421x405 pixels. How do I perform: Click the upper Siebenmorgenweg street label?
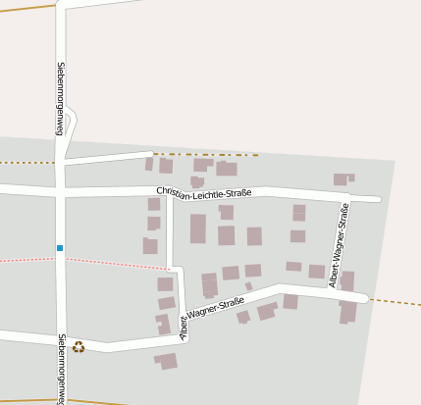pos(60,98)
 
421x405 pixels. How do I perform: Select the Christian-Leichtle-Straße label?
pos(204,192)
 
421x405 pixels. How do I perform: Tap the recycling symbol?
pos(79,346)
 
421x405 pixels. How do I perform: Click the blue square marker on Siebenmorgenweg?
pos(60,248)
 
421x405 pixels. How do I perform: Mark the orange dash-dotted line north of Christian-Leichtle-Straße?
pos(206,154)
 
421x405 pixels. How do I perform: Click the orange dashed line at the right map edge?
pos(397,302)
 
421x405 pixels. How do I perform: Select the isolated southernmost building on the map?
pos(167,361)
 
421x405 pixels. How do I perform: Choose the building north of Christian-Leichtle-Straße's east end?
pos(342,179)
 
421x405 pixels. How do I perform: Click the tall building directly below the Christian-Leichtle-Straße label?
pos(198,228)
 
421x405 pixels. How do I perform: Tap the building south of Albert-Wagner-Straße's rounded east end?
pos(347,312)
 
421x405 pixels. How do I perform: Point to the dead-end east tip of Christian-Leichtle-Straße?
pos(377,199)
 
